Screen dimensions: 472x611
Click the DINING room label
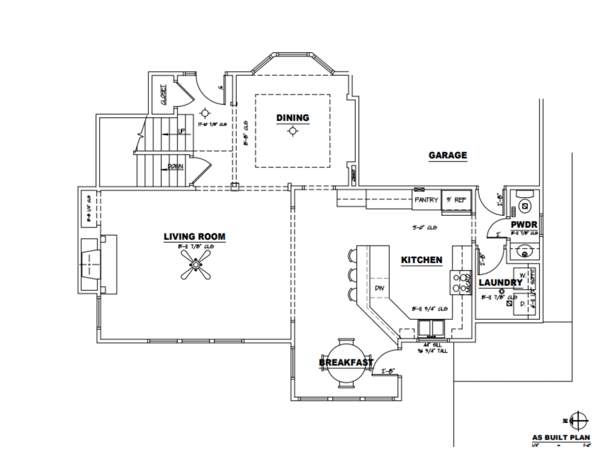pyautogui.click(x=293, y=118)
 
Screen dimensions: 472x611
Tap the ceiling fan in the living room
pyautogui.click(x=195, y=265)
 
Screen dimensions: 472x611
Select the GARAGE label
pyautogui.click(x=448, y=155)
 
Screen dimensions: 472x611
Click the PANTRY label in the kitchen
pyautogui.click(x=426, y=200)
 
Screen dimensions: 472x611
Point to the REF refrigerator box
pyautogui.click(x=456, y=200)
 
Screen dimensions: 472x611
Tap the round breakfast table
pyautogui.click(x=346, y=363)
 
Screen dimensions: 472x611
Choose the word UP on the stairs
pyautogui.click(x=182, y=131)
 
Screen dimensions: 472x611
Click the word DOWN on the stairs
pyautogui.click(x=175, y=167)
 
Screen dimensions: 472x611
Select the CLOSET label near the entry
pyautogui.click(x=164, y=94)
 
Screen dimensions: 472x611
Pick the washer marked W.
pyautogui.click(x=522, y=276)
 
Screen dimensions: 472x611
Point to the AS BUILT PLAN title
pyautogui.click(x=561, y=437)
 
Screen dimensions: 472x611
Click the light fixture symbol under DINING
pyautogui.click(x=293, y=131)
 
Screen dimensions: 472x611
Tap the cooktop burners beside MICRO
pyautogui.click(x=459, y=282)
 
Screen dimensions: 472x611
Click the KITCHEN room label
pyautogui.click(x=421, y=260)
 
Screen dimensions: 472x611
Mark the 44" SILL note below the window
pyautogui.click(x=432, y=345)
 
